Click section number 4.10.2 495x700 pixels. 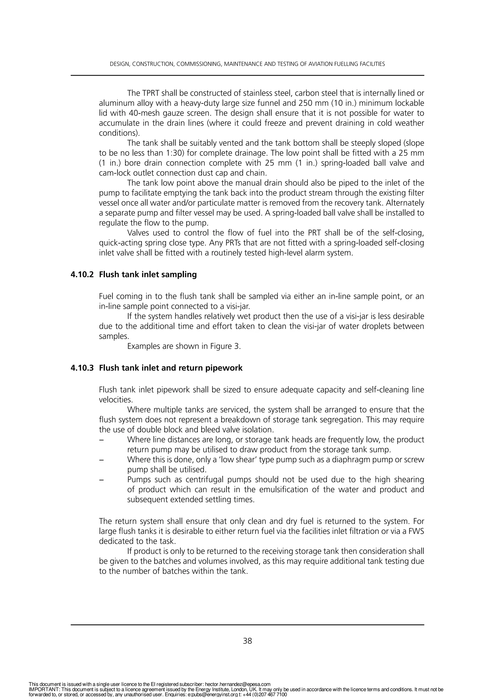tap(82, 275)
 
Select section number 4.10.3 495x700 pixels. tap(82, 368)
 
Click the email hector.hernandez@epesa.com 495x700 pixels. tap(237, 685)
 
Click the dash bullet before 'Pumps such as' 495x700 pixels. tap(101, 480)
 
